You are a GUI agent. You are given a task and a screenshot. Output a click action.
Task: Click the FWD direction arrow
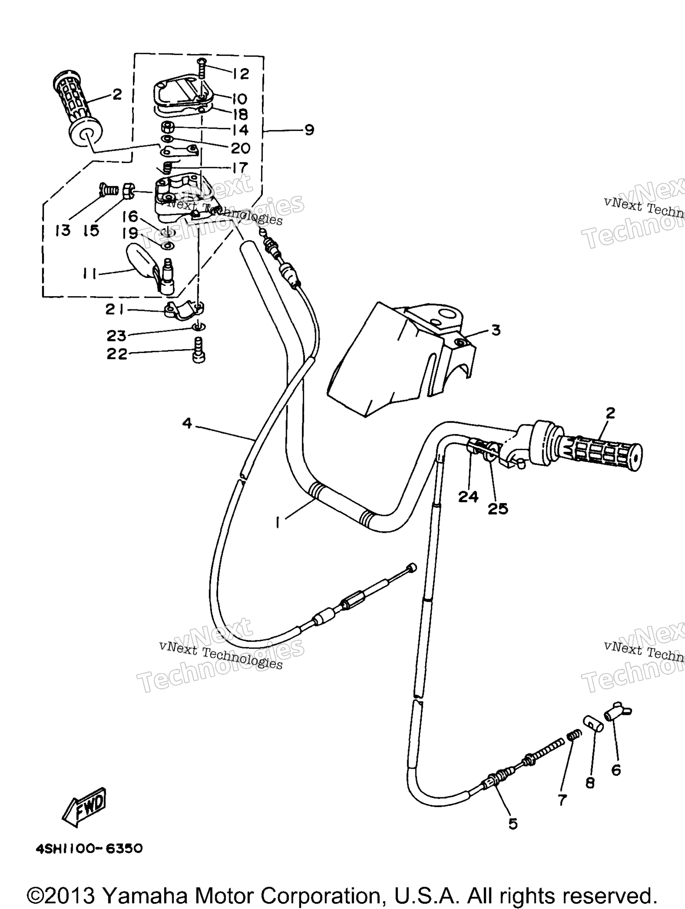tap(84, 807)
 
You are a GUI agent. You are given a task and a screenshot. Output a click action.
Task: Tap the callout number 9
tap(309, 130)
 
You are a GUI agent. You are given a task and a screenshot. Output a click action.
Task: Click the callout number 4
tap(187, 424)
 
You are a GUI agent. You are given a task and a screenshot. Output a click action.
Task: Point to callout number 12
tap(241, 74)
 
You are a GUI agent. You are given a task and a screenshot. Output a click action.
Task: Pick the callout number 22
tap(117, 354)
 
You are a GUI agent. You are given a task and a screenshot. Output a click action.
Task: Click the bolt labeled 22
tap(199, 350)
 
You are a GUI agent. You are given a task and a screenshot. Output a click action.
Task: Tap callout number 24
tap(468, 497)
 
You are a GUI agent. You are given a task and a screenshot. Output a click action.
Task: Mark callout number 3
tap(496, 330)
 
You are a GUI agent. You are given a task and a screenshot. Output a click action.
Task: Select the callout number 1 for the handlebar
tap(278, 522)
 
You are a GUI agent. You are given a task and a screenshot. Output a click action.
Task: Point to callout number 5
tap(513, 824)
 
